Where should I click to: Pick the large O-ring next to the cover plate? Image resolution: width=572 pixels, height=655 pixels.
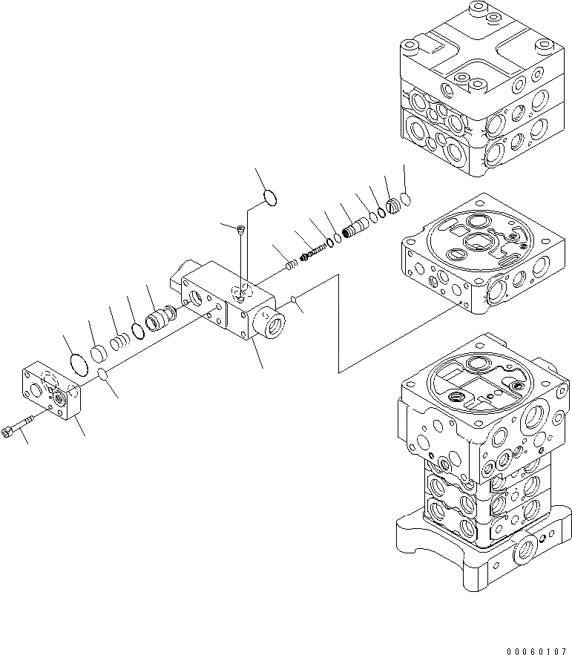coord(78,362)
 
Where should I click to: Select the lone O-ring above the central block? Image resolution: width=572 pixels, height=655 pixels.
coord(270,197)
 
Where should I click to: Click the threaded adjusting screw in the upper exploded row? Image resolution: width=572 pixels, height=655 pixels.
coord(315,251)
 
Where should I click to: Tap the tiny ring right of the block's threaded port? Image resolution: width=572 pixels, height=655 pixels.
coord(295,300)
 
